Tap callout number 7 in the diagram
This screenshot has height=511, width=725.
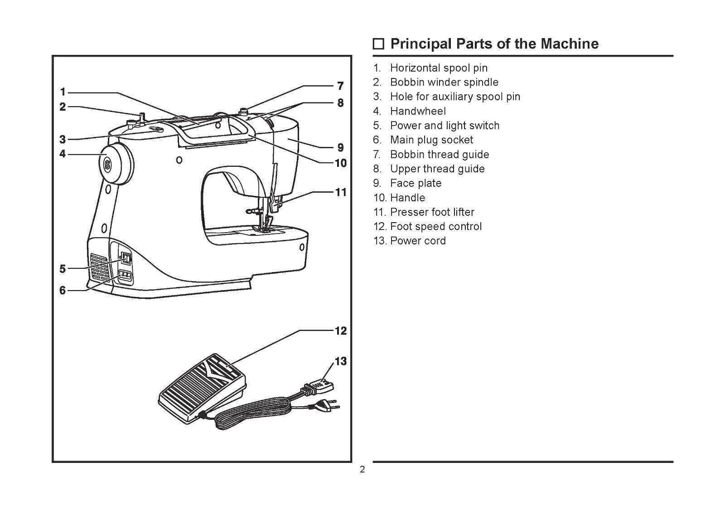click(x=340, y=86)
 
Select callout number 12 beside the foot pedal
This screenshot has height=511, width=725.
click(x=340, y=331)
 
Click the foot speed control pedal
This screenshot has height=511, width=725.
click(x=202, y=389)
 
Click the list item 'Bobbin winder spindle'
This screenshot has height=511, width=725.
click(x=444, y=82)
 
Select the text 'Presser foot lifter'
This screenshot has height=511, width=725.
click(x=432, y=212)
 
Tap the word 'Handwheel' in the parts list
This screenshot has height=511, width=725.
click(x=418, y=111)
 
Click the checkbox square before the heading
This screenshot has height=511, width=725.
click(x=378, y=44)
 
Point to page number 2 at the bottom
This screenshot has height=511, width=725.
click(x=362, y=470)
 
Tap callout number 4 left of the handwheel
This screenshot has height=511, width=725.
click(x=63, y=154)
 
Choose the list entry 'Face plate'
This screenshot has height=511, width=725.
click(x=416, y=183)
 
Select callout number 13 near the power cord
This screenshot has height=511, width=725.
click(x=340, y=361)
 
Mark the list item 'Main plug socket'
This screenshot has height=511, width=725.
click(x=431, y=140)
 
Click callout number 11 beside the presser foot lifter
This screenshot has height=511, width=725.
click(x=340, y=192)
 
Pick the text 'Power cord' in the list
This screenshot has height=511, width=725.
click(x=418, y=241)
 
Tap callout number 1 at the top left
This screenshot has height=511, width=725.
click(x=63, y=92)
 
